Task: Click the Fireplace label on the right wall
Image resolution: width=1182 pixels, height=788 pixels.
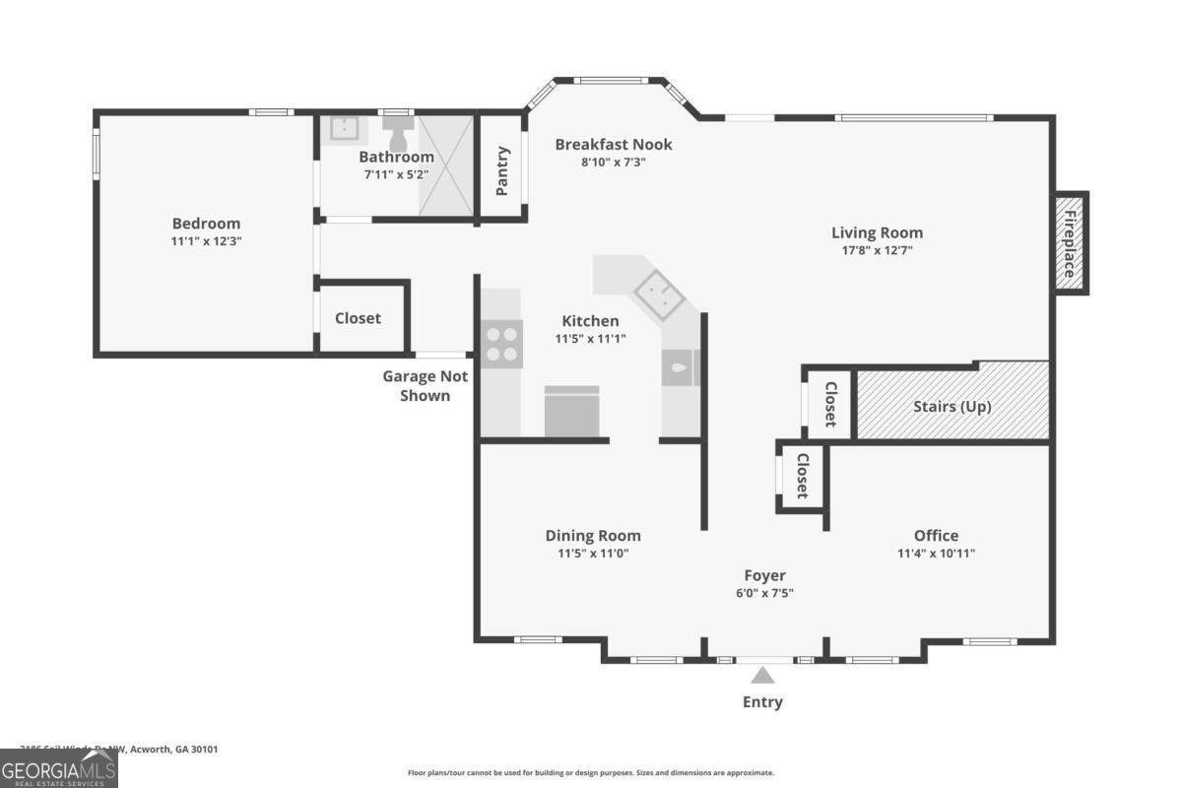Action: (1071, 241)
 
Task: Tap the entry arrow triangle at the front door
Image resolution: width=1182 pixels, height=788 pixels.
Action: (762, 676)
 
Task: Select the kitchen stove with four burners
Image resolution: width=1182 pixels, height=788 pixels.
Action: (501, 344)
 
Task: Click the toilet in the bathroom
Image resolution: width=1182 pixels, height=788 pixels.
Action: (398, 129)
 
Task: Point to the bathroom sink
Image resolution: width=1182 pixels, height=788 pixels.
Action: (344, 129)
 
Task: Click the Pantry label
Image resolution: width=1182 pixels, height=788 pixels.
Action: (502, 170)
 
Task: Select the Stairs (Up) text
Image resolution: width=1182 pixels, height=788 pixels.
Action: (952, 406)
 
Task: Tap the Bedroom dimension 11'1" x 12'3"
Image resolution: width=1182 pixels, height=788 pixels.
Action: (206, 240)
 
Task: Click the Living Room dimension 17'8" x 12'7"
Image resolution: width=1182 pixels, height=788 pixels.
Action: (877, 250)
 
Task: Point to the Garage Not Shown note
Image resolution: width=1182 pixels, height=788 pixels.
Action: (425, 385)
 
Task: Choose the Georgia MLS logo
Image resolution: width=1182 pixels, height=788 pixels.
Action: (58, 768)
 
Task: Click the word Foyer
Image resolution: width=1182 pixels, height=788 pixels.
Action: (764, 575)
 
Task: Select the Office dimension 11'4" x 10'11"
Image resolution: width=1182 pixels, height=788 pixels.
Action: (936, 553)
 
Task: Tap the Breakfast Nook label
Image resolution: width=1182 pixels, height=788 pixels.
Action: (613, 144)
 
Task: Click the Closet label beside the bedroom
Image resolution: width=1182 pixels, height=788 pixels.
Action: (358, 318)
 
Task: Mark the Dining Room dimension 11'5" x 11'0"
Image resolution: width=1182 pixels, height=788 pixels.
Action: (593, 553)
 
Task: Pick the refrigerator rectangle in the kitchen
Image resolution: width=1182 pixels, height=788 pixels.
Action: (572, 411)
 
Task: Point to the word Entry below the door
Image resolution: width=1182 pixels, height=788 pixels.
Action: (762, 702)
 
